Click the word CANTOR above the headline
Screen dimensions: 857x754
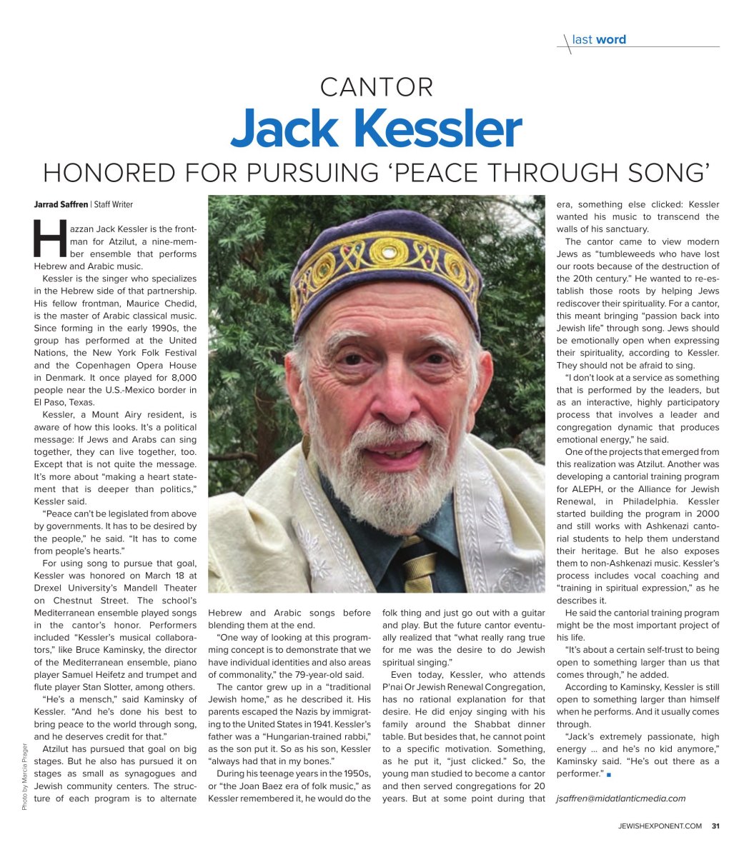[x=377, y=88]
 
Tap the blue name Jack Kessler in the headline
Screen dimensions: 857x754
[x=377, y=131]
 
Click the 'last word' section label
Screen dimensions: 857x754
[x=599, y=40]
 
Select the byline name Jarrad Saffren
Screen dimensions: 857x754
[x=61, y=205]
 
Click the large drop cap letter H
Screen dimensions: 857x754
[x=48, y=239]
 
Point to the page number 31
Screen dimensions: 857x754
[x=715, y=828]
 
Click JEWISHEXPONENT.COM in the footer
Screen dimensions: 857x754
[x=660, y=828]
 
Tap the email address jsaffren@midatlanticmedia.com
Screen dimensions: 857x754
[x=620, y=798]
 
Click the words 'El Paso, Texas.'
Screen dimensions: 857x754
[x=62, y=402]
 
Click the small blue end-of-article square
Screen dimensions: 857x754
[x=608, y=775]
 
